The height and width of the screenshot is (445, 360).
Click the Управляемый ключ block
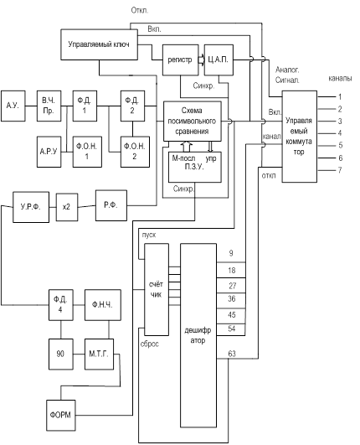[100, 44]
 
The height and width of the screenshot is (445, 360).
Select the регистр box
[180, 60]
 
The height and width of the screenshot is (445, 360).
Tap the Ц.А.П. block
[219, 60]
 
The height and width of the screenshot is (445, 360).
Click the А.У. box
[13, 106]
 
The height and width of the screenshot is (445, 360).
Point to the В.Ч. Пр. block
[49, 106]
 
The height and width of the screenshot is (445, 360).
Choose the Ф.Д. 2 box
[132, 106]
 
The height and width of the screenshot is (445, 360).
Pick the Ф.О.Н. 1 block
[87, 152]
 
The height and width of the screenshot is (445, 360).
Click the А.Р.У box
[49, 152]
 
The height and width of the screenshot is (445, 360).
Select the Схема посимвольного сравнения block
[193, 122]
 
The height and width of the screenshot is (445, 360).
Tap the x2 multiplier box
[67, 207]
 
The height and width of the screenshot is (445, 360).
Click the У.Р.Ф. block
[31, 207]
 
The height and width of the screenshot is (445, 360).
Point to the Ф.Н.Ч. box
[103, 305]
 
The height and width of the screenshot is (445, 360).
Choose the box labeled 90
[60, 354]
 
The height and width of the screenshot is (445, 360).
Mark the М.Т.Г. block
[100, 354]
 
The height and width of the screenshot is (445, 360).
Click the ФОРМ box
[61, 415]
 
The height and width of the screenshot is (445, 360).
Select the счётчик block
[157, 289]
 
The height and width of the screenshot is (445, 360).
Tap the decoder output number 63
[232, 354]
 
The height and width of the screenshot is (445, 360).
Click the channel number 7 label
[340, 170]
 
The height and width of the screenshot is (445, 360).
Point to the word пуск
[149, 235]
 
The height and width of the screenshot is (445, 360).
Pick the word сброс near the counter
[150, 344]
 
